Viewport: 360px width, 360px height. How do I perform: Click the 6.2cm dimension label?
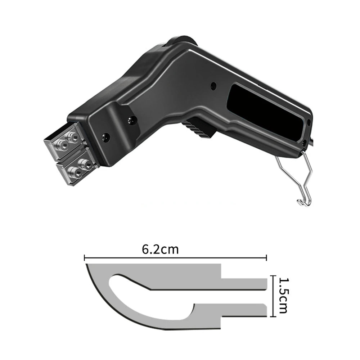[160, 249]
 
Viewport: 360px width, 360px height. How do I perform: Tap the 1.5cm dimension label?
[283, 296]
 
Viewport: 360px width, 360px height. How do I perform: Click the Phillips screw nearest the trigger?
[132, 119]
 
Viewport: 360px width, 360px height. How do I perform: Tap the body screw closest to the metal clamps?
[106, 137]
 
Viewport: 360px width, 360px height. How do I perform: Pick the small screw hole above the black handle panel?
[213, 86]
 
